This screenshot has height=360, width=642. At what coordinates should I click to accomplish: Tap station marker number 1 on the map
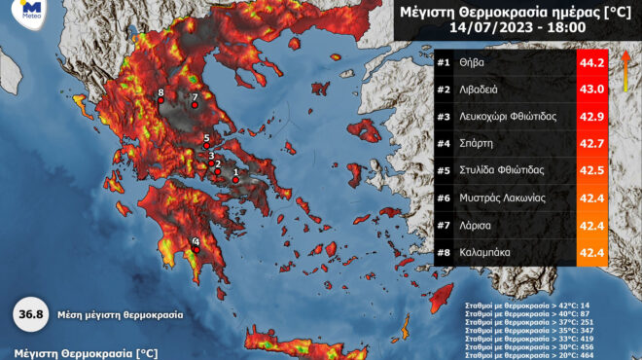[x=235, y=179]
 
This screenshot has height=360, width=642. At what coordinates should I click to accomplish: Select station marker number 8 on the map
[x=160, y=100]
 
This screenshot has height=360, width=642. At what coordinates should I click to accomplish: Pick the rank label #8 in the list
[x=444, y=252]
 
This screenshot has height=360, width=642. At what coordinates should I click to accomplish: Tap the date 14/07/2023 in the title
[x=487, y=29]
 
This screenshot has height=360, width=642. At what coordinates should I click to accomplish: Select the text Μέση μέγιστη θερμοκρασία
[x=118, y=315]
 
